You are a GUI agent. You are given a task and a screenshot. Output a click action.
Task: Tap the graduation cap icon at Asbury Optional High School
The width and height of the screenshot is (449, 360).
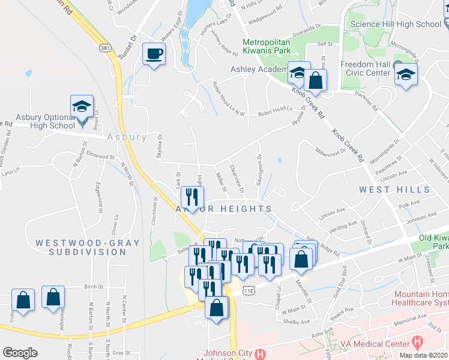point(82,107)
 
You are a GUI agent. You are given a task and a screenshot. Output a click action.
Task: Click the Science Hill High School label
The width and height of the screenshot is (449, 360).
point(396,24)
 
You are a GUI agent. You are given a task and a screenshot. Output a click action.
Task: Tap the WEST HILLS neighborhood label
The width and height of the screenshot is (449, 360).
point(394,190)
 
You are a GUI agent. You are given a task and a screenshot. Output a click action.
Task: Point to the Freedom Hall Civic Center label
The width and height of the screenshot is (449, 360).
point(366,69)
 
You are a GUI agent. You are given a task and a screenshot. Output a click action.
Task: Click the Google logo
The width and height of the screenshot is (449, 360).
point(20,353)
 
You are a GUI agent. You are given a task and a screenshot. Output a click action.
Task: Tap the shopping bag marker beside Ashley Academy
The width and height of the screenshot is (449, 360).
point(315,79)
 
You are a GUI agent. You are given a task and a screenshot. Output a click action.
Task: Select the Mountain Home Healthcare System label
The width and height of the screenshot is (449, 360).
point(421,300)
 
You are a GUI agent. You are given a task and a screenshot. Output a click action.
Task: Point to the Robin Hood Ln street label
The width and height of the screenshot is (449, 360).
point(275,110)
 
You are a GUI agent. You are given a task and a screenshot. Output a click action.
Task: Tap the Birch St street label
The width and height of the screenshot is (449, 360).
point(94,287)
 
